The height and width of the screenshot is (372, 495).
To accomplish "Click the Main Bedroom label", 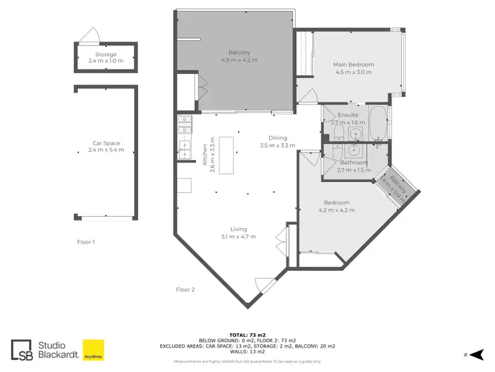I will point(353,65).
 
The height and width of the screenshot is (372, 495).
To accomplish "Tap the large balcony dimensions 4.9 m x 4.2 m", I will point(239,60).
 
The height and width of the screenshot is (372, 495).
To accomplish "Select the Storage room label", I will point(106,55).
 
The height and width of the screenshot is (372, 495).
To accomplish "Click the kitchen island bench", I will point(228,155).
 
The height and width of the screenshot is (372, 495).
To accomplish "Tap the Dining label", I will point(277,138).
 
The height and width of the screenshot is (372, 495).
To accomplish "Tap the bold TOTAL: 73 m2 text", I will point(247,336).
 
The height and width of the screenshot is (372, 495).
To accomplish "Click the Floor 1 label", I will point(86,242).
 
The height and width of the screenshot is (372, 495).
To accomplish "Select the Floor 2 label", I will point(185,289).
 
